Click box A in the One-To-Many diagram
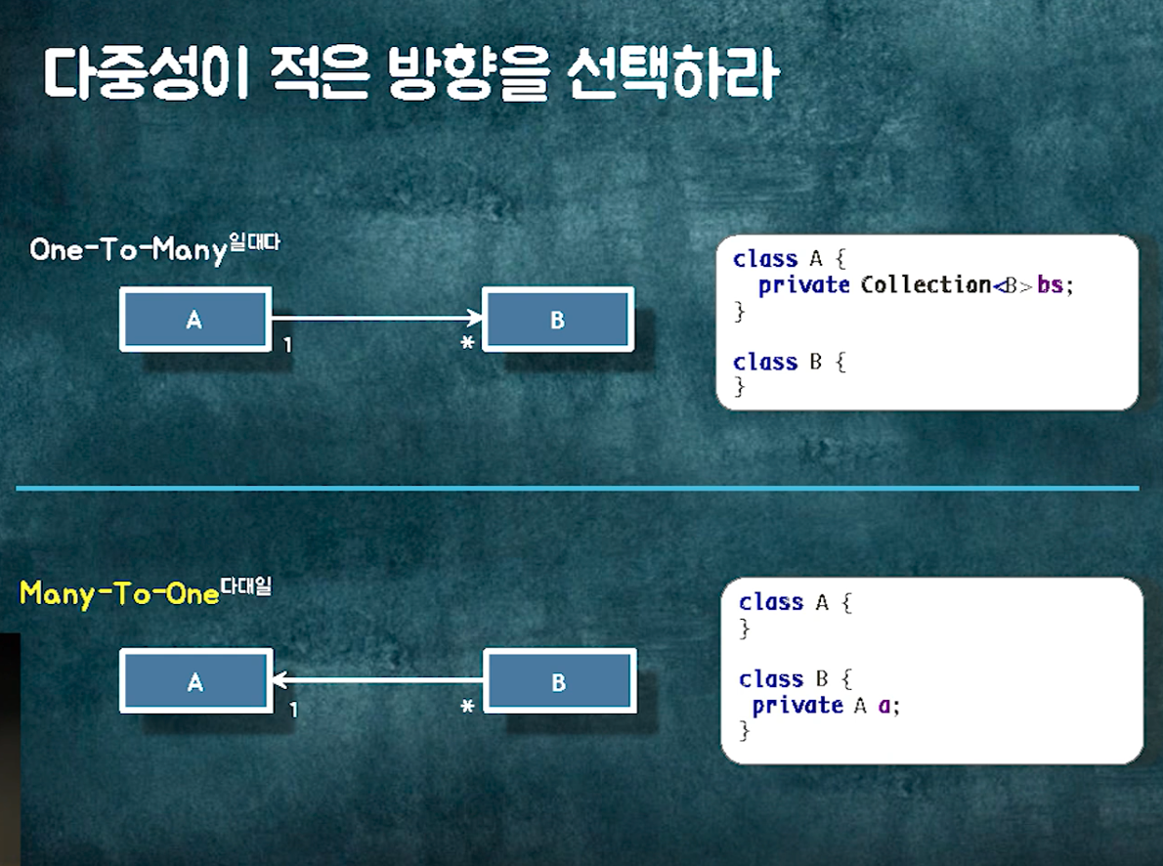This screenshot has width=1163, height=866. coord(194,319)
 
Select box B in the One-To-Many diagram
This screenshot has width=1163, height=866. coord(557,319)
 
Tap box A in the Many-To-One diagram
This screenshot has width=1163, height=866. coord(194,681)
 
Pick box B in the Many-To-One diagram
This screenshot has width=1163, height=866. coord(559,681)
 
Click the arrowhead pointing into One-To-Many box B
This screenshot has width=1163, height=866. coord(475,318)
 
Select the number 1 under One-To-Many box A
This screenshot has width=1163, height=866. coord(287,345)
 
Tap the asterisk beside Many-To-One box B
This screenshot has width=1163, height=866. coord(467,707)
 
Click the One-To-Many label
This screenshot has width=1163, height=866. coord(128,250)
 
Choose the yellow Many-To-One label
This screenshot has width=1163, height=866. coord(119,593)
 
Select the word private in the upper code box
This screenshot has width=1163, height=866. coord(803,285)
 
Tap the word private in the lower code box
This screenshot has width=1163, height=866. coord(797,705)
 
